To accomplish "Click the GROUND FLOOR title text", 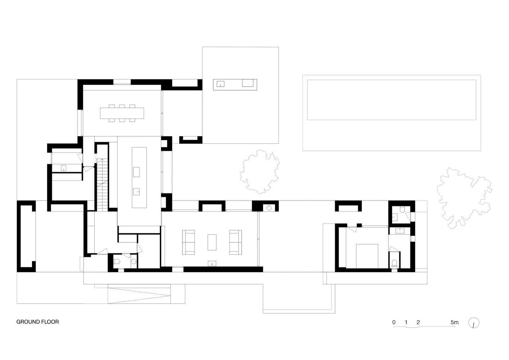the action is click(37, 322).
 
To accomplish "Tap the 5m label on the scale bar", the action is click(454, 322).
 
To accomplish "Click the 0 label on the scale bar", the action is click(394, 322).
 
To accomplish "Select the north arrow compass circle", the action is click(474, 323).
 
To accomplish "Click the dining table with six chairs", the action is click(122, 113).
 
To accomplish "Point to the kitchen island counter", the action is click(139, 177).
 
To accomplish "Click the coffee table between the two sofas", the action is click(212, 242).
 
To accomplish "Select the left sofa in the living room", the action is click(188, 242).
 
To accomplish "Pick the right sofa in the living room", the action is click(235, 242).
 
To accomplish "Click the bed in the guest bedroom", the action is click(367, 256).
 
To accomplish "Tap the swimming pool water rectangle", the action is click(392, 100).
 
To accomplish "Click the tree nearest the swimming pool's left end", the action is click(260, 172).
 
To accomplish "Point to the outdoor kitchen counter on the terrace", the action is click(235, 85).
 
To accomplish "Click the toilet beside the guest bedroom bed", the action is click(394, 263).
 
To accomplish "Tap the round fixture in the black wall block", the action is click(269, 208).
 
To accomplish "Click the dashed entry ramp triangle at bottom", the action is click(139, 296).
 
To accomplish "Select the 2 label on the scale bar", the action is click(418, 322).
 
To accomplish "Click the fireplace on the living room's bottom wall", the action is click(212, 264).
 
